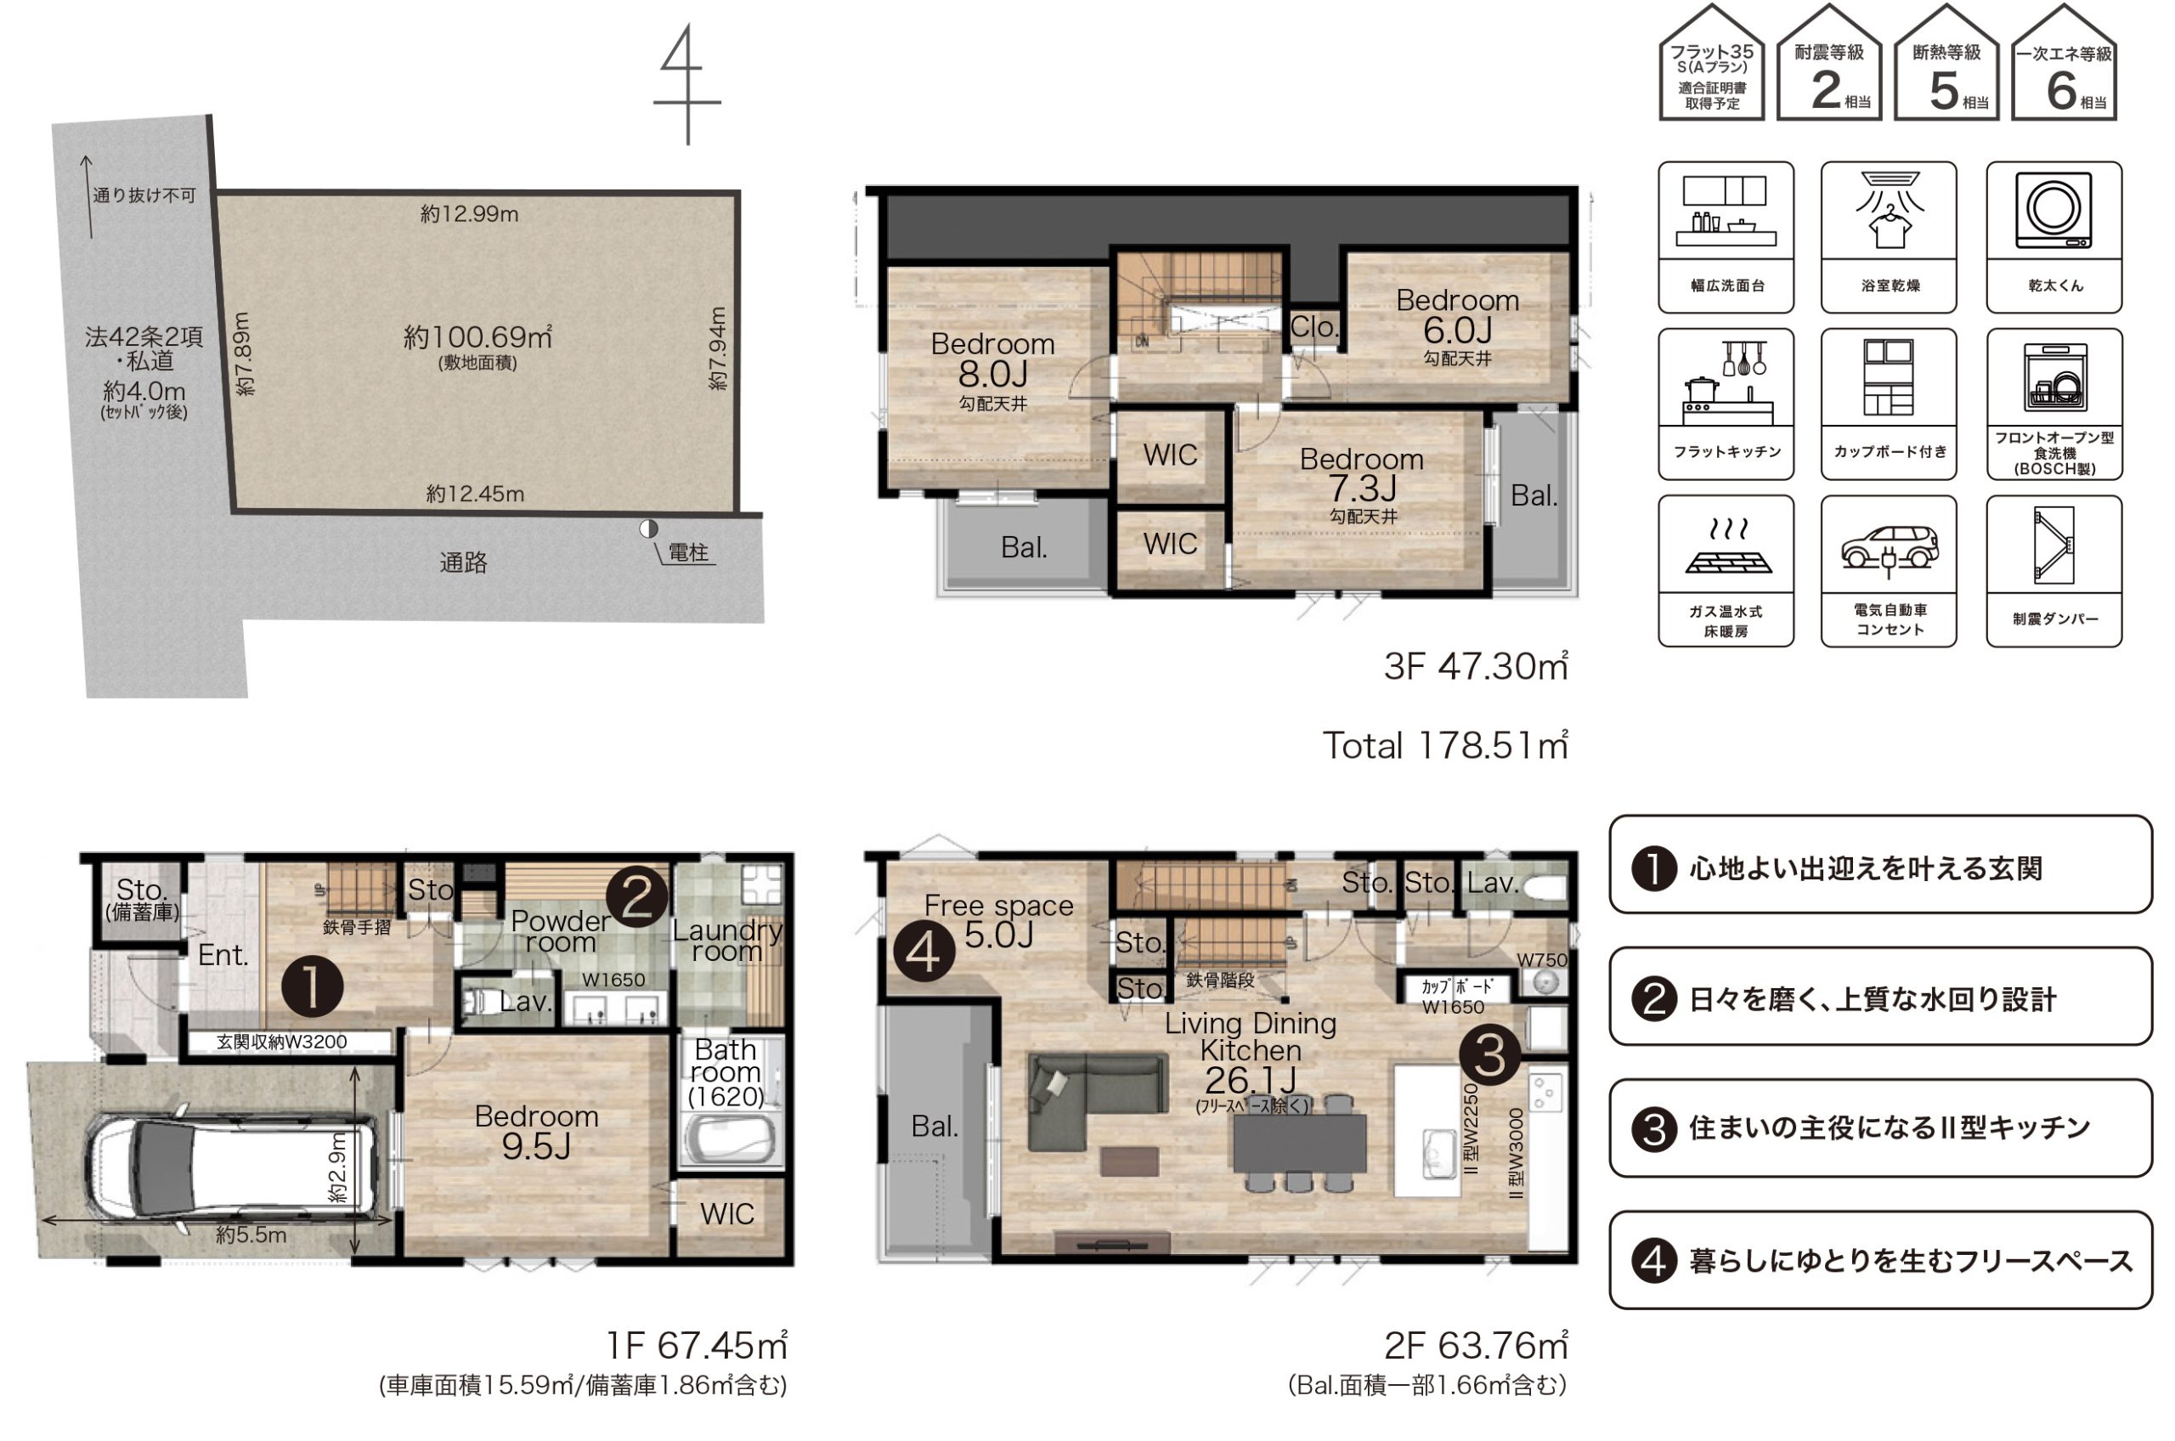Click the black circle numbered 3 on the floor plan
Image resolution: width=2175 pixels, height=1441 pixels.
tap(1489, 1055)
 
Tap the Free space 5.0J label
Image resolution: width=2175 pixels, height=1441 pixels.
tap(999, 921)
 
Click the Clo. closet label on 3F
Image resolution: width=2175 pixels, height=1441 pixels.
tap(1314, 327)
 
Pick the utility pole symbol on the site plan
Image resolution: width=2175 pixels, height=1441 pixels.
tap(649, 528)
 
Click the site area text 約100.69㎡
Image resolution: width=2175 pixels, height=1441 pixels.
tap(477, 337)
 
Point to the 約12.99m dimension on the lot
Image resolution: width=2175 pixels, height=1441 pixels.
tap(470, 214)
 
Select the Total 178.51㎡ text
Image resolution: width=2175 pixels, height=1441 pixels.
tap(1445, 745)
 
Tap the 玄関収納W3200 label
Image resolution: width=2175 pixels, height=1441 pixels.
tap(282, 1043)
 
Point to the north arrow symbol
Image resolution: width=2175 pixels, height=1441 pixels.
tap(687, 85)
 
